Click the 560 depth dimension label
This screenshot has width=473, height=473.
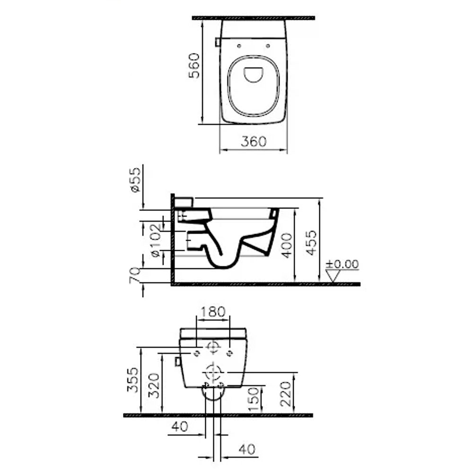(194, 66)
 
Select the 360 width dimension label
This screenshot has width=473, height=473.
(254, 141)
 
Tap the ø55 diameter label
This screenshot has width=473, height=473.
(135, 180)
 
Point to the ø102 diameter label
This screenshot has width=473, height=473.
(156, 240)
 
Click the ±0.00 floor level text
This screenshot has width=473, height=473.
(342, 264)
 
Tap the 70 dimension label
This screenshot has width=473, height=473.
(134, 275)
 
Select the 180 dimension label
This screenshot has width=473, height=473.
(213, 312)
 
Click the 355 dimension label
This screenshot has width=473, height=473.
(133, 380)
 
